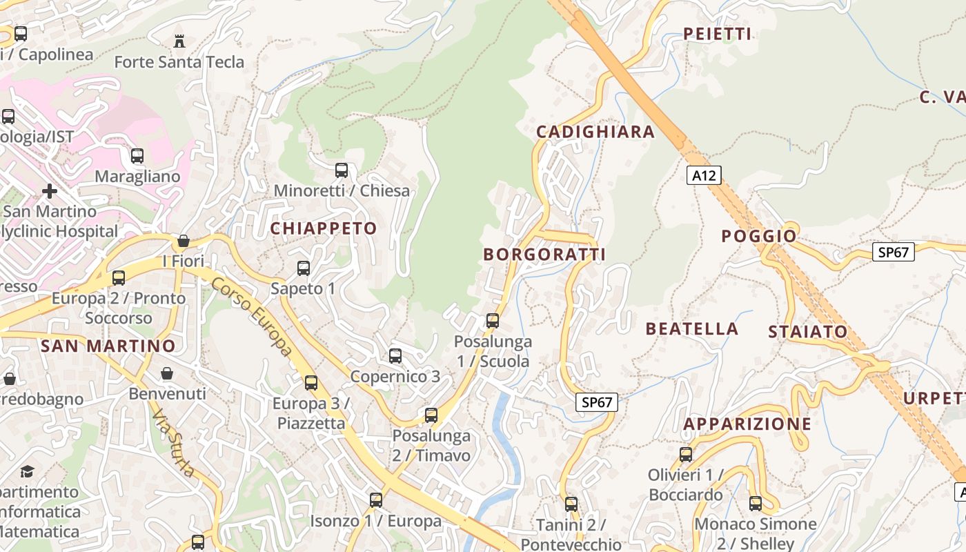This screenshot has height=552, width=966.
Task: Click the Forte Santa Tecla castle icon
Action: [179, 41]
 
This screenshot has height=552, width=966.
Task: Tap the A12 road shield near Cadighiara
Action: [704, 175]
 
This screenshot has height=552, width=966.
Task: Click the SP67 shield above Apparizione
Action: [596, 402]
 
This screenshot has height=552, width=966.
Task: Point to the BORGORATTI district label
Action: [544, 255]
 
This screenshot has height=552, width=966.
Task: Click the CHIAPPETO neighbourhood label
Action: [324, 228]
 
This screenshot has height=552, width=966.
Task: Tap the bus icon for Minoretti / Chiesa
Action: [342, 170]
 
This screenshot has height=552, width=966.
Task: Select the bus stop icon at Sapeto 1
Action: [304, 268]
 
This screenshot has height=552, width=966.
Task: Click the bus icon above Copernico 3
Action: [395, 355]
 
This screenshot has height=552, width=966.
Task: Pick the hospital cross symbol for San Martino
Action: [50, 190]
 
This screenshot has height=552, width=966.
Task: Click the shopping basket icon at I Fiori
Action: [184, 241]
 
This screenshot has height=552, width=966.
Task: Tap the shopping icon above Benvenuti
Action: [167, 374]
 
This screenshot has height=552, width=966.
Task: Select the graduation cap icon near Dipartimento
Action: [27, 471]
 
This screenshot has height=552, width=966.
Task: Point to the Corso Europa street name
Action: [252, 317]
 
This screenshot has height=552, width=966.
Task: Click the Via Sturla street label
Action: [173, 442]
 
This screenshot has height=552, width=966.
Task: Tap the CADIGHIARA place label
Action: [595, 132]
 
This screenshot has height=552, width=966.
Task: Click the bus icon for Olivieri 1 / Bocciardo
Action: [685, 454]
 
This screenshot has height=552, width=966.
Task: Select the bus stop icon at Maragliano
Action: [137, 155]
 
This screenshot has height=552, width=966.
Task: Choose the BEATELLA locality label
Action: [691, 328]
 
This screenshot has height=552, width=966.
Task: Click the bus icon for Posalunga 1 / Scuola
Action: [493, 320]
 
